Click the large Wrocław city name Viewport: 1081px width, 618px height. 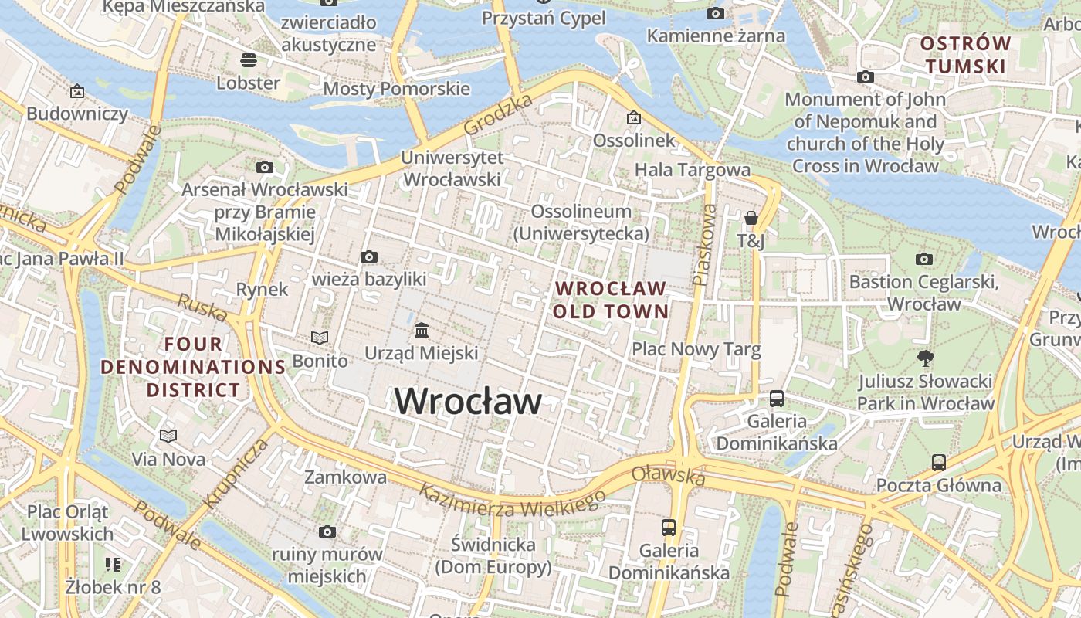click(468, 402)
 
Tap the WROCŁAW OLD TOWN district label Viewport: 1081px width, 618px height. click(612, 300)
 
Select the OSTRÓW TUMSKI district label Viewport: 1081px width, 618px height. click(966, 55)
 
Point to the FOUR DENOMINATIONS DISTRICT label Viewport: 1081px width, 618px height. click(194, 367)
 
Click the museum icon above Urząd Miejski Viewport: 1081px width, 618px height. click(422, 331)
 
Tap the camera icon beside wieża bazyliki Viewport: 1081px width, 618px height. click(369, 256)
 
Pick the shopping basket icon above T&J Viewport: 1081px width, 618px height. click(751, 219)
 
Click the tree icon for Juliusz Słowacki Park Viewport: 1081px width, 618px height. click(925, 358)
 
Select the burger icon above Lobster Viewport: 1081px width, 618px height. click(248, 59)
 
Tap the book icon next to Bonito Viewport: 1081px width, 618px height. click(320, 338)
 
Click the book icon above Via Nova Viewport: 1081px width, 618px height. click(168, 436)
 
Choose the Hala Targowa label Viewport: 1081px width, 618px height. click(692, 169)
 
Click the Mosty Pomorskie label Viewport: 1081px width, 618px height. click(396, 88)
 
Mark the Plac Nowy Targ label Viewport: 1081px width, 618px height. click(696, 349)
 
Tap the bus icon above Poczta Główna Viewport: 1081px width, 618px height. click(938, 463)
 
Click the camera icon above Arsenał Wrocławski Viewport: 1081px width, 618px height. click(265, 167)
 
